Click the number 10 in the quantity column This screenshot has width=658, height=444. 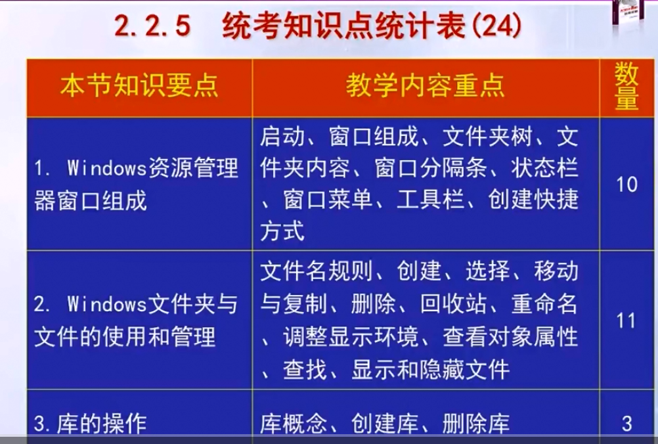(x=626, y=184)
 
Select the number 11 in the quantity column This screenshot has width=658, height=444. (x=626, y=321)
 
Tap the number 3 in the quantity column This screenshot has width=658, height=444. (x=627, y=424)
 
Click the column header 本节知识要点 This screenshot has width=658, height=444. (x=139, y=86)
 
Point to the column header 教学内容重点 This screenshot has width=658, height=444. (x=425, y=85)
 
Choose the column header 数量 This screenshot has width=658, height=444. (x=626, y=87)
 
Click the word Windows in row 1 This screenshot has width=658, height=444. (x=106, y=168)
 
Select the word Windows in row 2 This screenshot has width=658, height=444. (x=106, y=304)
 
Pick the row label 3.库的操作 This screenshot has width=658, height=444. (x=90, y=424)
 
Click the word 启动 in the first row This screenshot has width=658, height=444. (x=282, y=137)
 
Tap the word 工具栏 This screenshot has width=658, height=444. (x=431, y=199)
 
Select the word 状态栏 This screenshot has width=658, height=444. (x=544, y=168)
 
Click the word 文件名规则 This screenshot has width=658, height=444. (x=317, y=271)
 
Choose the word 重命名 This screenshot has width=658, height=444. (x=544, y=303)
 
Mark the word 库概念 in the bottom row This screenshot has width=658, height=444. (x=294, y=424)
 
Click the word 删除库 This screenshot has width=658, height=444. (x=476, y=424)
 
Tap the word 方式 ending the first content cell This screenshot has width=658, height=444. (x=282, y=231)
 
